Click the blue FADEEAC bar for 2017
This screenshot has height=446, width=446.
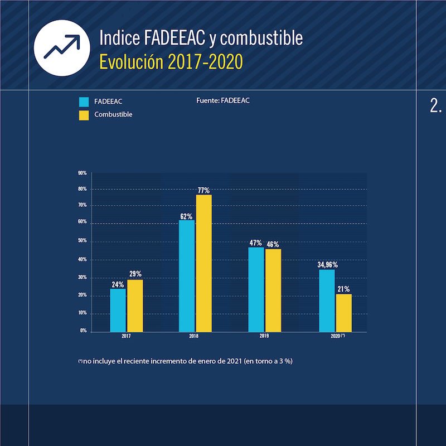click(118, 309)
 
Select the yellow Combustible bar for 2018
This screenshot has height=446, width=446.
click(203, 263)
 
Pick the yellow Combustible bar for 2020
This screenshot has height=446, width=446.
click(343, 312)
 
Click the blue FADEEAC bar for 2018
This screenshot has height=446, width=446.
click(187, 275)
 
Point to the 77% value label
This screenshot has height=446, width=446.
click(203, 190)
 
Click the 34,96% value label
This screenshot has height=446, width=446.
click(328, 265)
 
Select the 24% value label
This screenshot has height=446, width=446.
click(117, 284)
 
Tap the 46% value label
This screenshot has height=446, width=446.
click(273, 244)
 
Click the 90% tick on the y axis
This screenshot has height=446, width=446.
click(83, 173)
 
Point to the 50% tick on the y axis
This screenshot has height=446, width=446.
click(83, 241)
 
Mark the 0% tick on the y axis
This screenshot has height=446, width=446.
click(83, 331)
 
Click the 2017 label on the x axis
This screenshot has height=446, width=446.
click(127, 337)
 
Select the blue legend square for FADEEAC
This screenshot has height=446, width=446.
click(84, 102)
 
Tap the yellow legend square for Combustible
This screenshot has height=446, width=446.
click(84, 115)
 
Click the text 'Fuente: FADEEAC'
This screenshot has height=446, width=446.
click(223, 100)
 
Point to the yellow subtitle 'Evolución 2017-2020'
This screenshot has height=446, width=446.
click(171, 62)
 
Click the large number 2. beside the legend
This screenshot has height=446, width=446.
click(436, 107)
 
